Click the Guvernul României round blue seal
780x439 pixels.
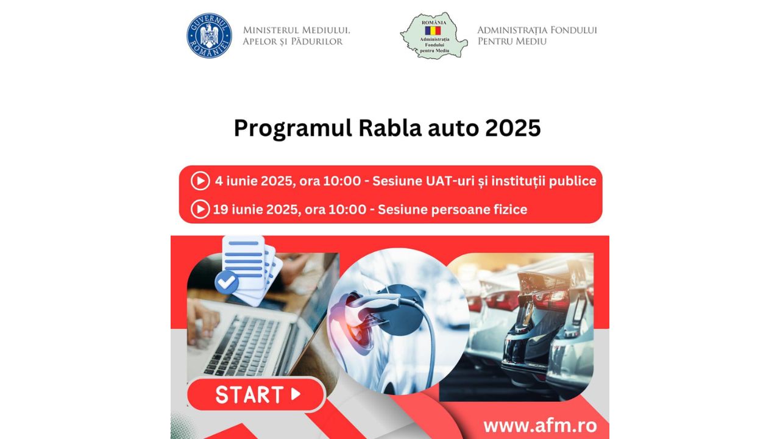209,35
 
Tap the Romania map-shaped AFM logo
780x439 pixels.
434,35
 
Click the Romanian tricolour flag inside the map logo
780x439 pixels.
433,30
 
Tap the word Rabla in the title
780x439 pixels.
390,128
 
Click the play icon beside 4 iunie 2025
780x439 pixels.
200,181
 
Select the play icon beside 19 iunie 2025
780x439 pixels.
200,209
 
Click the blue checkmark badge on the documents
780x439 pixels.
227,282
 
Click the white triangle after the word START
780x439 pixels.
296,394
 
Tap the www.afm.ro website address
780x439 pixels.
540,426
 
